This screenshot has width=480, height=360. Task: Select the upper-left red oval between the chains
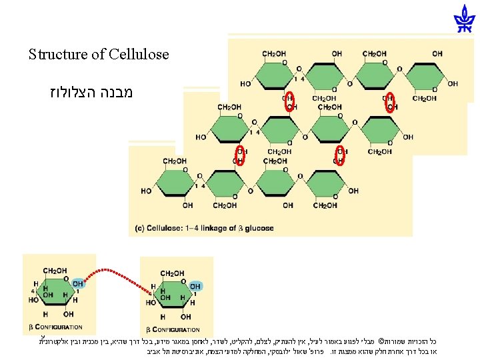[290, 102]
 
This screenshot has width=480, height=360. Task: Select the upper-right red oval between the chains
[390, 102]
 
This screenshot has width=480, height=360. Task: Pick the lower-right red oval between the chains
[339, 155]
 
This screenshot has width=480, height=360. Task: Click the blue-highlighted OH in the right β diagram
[195, 287]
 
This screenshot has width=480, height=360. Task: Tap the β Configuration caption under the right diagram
[173, 329]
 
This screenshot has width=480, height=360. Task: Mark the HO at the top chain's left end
[246, 84]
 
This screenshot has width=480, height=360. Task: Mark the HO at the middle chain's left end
[201, 137]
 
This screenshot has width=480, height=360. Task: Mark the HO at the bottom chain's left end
[147, 191]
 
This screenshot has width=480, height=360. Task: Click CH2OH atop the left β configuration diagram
[55, 271]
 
